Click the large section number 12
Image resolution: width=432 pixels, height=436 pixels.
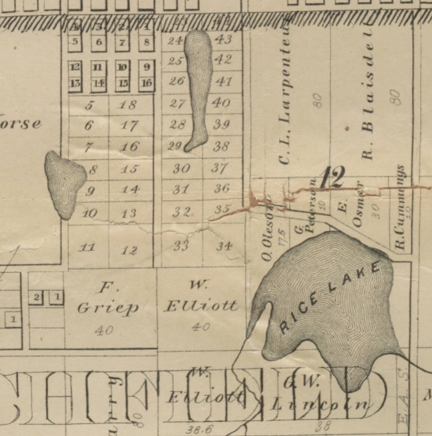click(x=332, y=178)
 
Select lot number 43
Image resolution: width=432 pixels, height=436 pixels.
click(x=224, y=39)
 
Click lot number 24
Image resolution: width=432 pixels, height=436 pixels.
click(x=175, y=41)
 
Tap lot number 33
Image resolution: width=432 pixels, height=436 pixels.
click(x=181, y=245)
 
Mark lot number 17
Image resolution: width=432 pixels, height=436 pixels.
click(x=130, y=125)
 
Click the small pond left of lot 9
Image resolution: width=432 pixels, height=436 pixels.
click(x=64, y=183)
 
